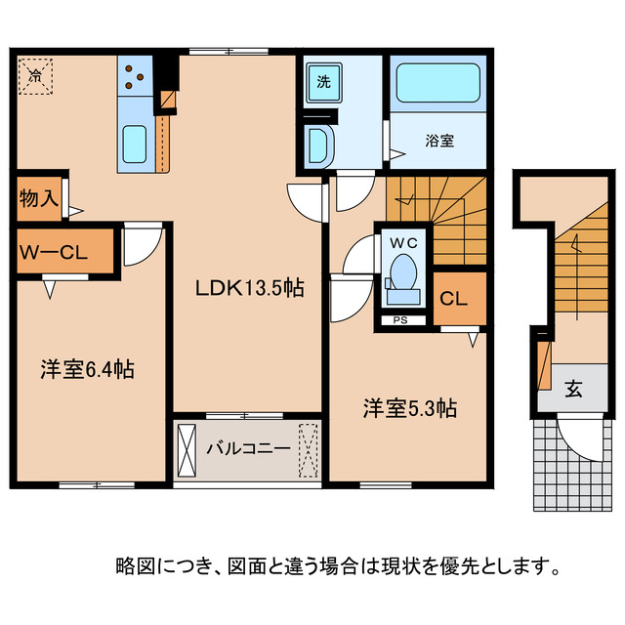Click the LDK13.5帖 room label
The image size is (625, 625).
pos(248,288)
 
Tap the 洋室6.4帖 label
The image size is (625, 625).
pos(87,369)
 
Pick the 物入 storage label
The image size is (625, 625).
pos(38,197)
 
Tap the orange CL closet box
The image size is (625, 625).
pos(459,299)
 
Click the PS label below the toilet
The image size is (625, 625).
pos(400,319)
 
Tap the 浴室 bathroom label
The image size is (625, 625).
pos(438,140)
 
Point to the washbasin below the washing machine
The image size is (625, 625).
pos(318,146)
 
